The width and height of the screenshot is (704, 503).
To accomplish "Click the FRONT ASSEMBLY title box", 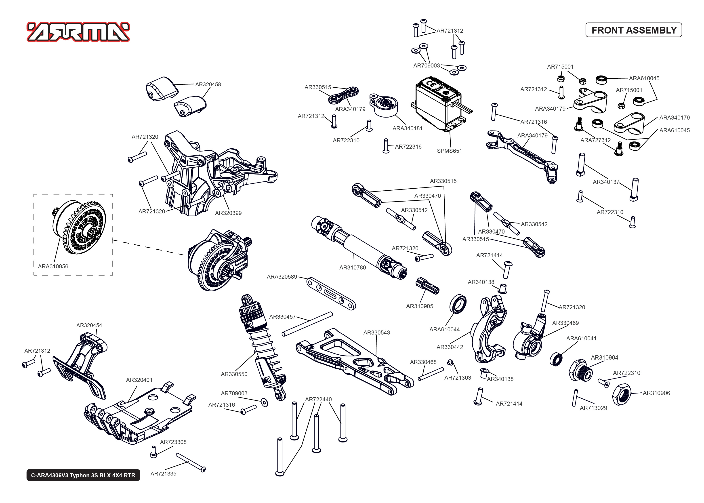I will pos(633,30).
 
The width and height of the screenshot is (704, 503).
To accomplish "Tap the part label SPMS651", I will pos(449,151).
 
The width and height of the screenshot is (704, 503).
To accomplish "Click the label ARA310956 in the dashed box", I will pos(53,266).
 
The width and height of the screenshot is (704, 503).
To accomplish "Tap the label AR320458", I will pos(208,84).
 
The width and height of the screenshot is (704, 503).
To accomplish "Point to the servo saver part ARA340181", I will pos(384,105).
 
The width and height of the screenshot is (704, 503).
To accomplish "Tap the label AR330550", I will pos(234,374).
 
